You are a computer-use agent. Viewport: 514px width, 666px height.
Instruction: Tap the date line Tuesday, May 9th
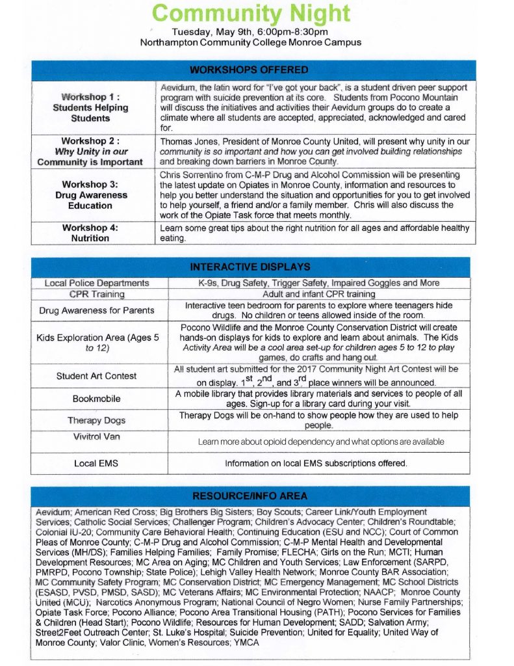pos(250,32)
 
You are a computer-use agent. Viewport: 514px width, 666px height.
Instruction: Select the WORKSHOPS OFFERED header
pos(249,70)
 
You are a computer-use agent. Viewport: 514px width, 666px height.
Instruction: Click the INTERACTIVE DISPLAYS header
pos(250,267)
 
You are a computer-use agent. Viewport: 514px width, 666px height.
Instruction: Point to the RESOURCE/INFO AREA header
pos(250,496)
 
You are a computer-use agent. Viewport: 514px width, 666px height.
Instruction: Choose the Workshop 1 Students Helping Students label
pos(90,108)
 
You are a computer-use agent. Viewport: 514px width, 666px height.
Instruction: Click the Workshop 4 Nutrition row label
pos(90,233)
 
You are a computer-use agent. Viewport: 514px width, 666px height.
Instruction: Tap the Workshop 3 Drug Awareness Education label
pos(90,195)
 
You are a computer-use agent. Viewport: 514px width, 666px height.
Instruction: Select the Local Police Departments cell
pos(97,283)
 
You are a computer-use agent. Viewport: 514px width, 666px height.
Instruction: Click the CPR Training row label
pos(97,295)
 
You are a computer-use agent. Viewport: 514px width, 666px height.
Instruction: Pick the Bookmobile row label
pos(97,398)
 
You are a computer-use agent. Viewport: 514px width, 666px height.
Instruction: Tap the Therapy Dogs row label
pos(97,420)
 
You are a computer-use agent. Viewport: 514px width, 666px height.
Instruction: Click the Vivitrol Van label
pos(97,436)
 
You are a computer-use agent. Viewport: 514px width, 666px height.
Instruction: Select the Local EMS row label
pos(97,463)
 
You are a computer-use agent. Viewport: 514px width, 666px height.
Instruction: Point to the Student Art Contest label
pos(97,376)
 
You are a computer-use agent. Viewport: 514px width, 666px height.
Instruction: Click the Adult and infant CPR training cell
pos(318,295)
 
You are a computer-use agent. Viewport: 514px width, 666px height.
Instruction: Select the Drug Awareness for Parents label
pos(97,310)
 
